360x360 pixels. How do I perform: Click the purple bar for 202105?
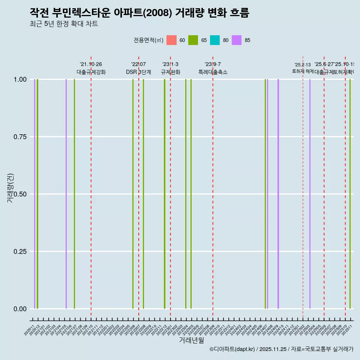coord(66,194)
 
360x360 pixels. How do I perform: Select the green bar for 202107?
coord(74,194)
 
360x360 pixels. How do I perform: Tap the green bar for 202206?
coord(133,194)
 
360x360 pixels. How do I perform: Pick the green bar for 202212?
coord(165,194)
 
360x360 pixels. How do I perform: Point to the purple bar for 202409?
coord(278,194)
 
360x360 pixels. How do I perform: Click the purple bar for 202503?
coord(310,194)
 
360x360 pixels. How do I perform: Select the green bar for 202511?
coord(350,194)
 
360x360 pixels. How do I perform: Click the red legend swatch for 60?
coord(171,40)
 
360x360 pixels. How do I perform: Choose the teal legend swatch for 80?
coord(215,40)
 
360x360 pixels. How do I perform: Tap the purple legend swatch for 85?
coord(237,40)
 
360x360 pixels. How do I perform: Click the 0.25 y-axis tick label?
coord(20,251)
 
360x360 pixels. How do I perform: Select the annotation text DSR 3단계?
coord(138,72)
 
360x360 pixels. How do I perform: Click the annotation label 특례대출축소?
coord(213,72)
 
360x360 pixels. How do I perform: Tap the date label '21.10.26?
coord(91,64)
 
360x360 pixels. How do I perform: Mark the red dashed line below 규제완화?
coord(170,187)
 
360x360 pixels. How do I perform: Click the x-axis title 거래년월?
coord(192,340)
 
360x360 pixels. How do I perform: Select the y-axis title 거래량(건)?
coord(10,188)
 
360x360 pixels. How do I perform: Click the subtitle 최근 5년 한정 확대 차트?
coord(64,24)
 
